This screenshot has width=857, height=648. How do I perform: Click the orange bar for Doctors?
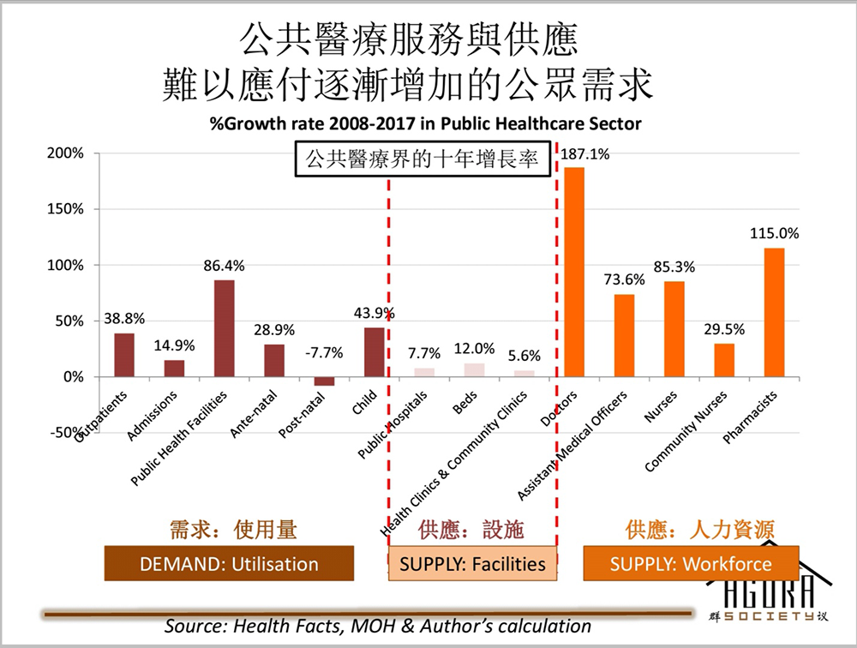[574, 272]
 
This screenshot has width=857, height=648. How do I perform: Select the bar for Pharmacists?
[774, 312]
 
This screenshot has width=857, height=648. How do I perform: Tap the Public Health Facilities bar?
[224, 328]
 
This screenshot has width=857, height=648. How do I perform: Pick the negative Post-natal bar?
[324, 381]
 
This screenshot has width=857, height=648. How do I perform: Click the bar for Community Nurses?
[724, 360]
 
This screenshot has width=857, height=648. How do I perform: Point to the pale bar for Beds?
[475, 370]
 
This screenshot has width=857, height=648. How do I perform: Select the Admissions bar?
[174, 369]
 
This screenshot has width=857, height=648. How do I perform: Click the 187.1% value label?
[584, 154]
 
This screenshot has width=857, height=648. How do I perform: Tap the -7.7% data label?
[324, 352]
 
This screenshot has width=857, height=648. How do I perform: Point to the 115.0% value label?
[774, 233]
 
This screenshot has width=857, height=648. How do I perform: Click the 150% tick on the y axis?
[66, 209]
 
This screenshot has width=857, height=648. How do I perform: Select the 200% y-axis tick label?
[66, 153]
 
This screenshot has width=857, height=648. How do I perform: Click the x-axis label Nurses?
[660, 406]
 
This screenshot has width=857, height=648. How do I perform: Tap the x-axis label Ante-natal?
[254, 414]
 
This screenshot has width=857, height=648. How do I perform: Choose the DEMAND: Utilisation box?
[229, 563]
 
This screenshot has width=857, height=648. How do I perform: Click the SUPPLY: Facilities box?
[472, 563]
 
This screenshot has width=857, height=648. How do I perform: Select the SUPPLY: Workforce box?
[691, 563]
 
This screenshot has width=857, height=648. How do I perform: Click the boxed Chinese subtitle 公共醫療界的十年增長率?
[423, 159]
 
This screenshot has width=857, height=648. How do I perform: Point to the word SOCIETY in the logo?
[769, 616]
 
